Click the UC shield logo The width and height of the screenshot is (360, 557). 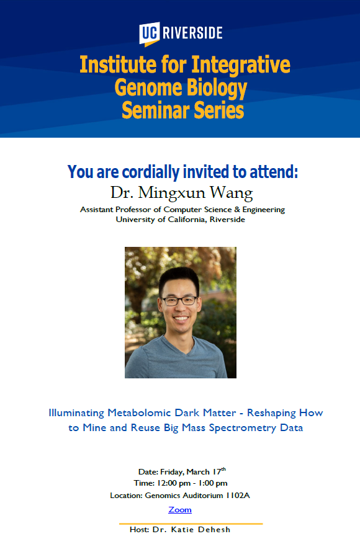coord(149,33)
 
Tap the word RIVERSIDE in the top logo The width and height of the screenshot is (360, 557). coord(192,33)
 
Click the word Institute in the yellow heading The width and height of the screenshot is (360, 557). coord(118,65)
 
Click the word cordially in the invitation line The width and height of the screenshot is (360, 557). coord(151,172)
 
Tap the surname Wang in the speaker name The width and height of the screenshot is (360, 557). coord(232,193)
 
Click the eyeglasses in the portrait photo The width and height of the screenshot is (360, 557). coord(179,301)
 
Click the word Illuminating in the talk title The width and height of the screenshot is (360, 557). coord(76,412)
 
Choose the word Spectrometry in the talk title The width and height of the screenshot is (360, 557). coord(243,428)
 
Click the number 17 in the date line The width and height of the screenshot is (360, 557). coord(217,472)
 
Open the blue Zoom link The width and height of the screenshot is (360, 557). coord(180,510)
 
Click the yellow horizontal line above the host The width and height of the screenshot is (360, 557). coord(191,524)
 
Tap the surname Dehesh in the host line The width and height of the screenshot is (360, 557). coord(214,530)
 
